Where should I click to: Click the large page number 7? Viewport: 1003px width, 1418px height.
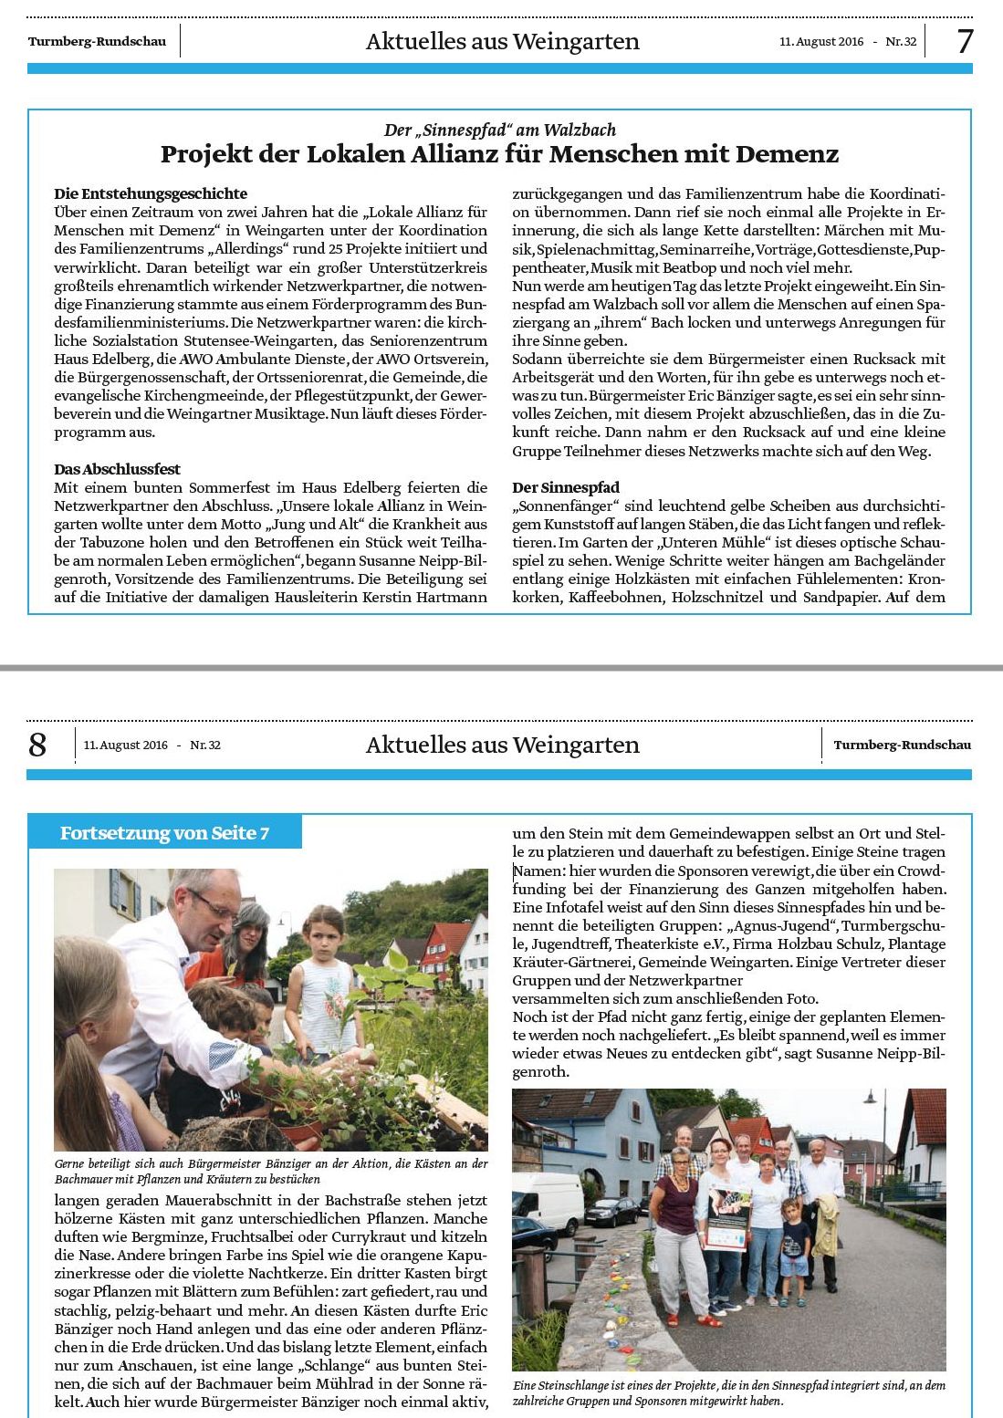965,41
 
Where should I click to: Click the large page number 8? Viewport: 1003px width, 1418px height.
37,745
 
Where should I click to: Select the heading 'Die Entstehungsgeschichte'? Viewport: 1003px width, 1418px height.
151,193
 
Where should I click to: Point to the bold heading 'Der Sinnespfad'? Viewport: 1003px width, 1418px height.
566,487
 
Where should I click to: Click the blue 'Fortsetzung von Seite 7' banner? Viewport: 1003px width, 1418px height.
164,833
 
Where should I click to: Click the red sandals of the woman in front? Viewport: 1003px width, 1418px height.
707,1319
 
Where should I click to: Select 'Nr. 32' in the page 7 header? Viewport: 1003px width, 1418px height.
901,41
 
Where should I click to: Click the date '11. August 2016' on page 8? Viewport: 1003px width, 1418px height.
126,745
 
